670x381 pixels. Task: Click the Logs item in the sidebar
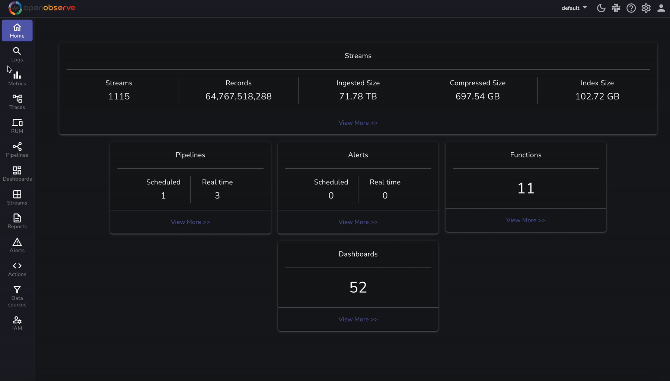click(17, 54)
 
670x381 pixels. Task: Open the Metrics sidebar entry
click(17, 78)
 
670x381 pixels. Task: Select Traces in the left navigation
click(17, 102)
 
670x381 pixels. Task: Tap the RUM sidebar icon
click(17, 126)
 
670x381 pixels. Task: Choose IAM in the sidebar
click(17, 323)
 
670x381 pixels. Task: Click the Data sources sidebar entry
click(17, 296)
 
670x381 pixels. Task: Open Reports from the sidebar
click(17, 221)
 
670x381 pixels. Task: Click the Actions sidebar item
click(17, 269)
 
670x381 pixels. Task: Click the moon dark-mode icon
click(601, 8)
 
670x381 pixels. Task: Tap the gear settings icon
click(646, 8)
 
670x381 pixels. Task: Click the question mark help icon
click(631, 8)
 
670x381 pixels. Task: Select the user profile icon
click(661, 8)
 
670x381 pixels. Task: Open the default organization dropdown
click(574, 8)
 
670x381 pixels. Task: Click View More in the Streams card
click(358, 123)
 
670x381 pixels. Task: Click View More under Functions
click(526, 220)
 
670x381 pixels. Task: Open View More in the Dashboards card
click(358, 319)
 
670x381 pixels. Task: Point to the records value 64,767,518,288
click(239, 96)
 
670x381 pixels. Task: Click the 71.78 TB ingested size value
click(358, 96)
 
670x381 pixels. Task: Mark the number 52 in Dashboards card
click(358, 288)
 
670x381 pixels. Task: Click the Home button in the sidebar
click(17, 31)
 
